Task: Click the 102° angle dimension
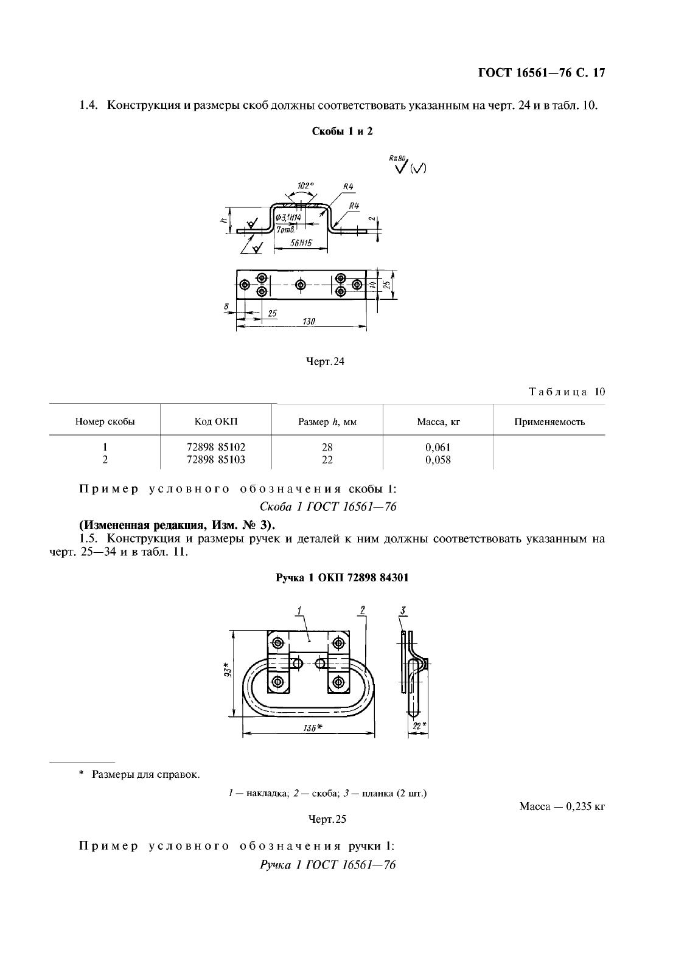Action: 305,185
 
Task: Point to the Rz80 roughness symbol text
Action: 396,158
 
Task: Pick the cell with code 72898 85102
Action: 216,447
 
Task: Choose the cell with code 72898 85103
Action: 216,460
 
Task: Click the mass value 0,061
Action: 438,447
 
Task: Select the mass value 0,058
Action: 438,460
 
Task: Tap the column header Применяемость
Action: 549,421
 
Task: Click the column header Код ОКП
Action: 216,421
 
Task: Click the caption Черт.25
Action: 327,819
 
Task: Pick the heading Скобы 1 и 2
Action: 342,131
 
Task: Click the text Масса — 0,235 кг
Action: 562,806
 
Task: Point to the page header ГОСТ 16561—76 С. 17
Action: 542,74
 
